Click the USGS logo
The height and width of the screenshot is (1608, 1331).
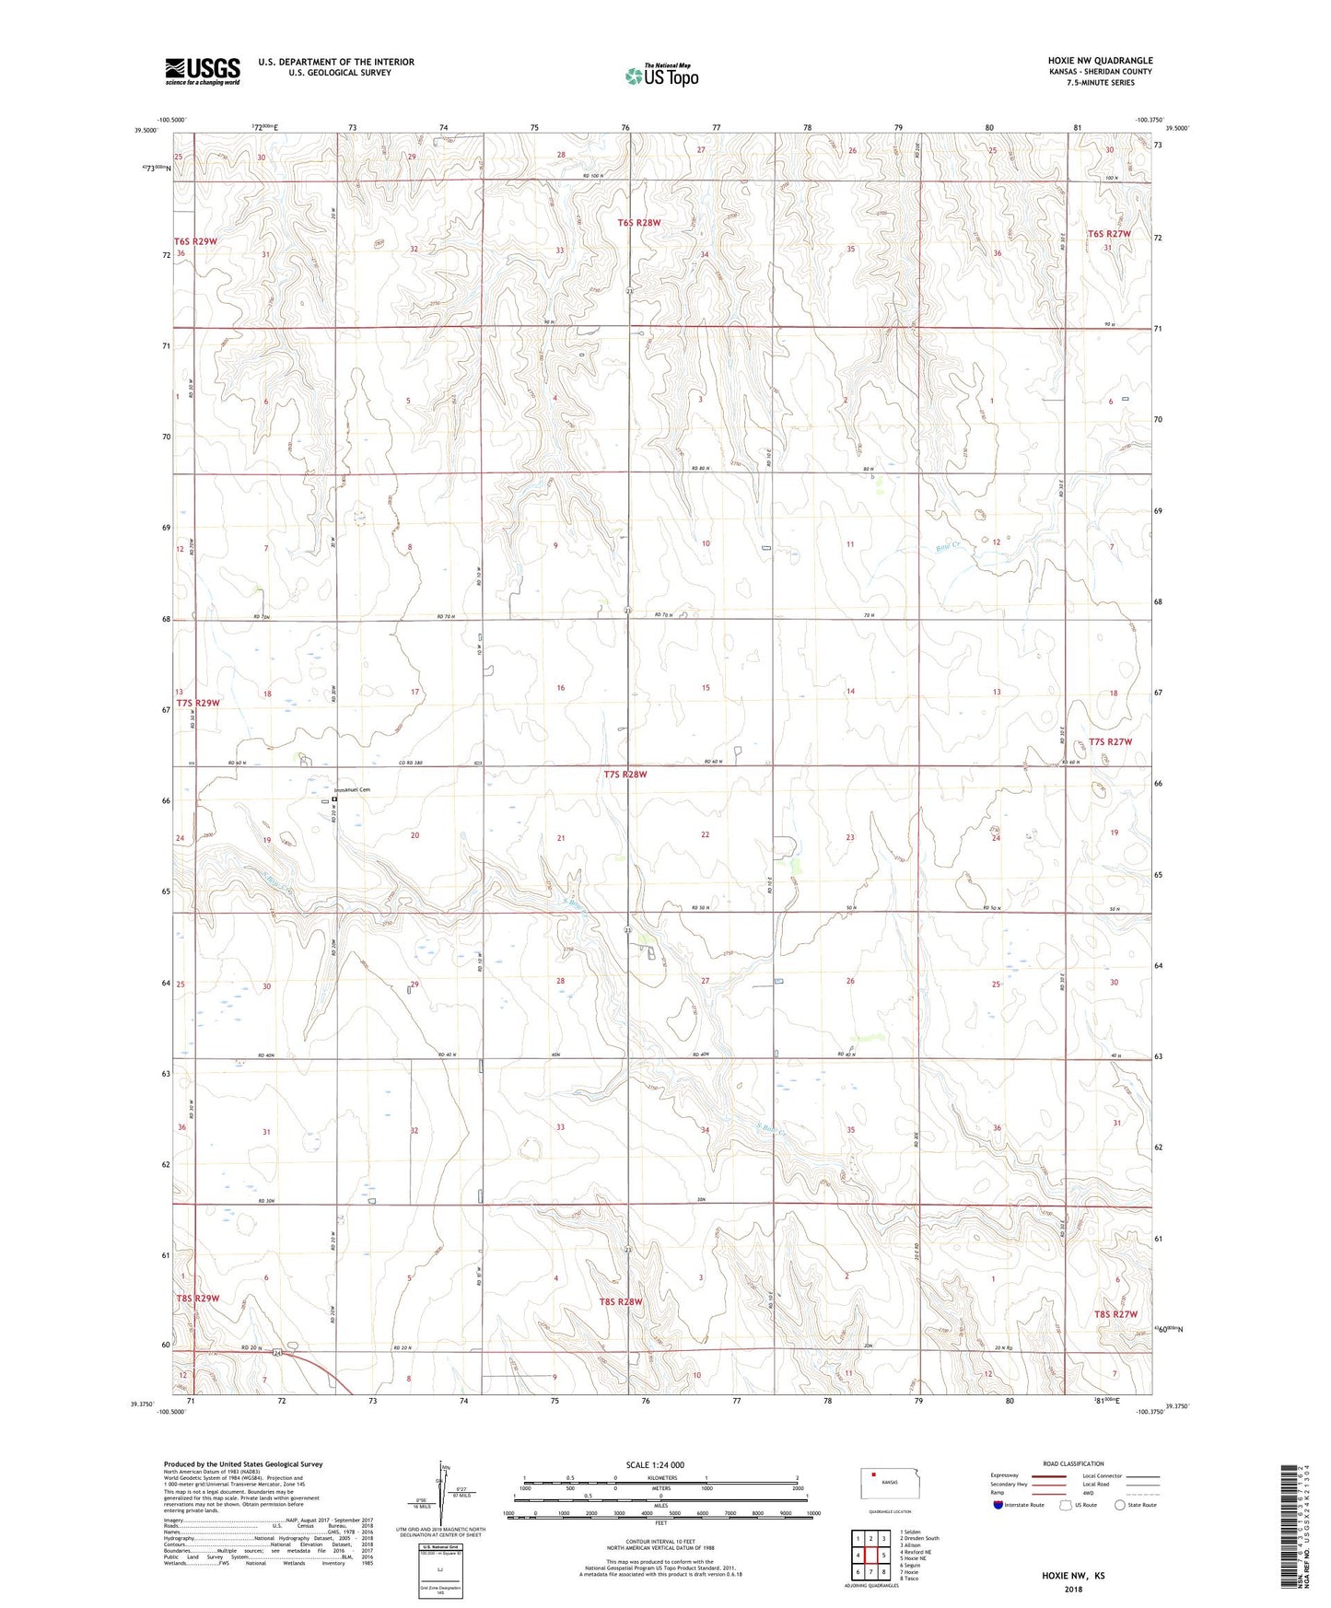tap(202, 71)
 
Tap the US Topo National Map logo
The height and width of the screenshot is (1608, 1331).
tap(661, 75)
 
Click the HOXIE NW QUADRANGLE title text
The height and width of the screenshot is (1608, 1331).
tap(1100, 61)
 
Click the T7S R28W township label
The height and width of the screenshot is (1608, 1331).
tap(625, 775)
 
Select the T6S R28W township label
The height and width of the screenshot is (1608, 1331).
tap(639, 223)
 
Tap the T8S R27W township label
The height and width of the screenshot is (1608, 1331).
tap(1115, 1314)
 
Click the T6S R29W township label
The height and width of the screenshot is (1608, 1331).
tap(195, 241)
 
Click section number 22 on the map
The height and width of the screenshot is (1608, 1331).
tap(706, 834)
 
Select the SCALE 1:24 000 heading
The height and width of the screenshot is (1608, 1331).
tap(655, 1464)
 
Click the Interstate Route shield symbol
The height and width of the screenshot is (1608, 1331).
tap(998, 1505)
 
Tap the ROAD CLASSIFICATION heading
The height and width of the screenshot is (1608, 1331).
tap(1073, 1463)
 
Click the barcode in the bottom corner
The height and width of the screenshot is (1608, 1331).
tap(1290, 1529)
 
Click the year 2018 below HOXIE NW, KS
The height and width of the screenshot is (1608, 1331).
tap(1073, 1589)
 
